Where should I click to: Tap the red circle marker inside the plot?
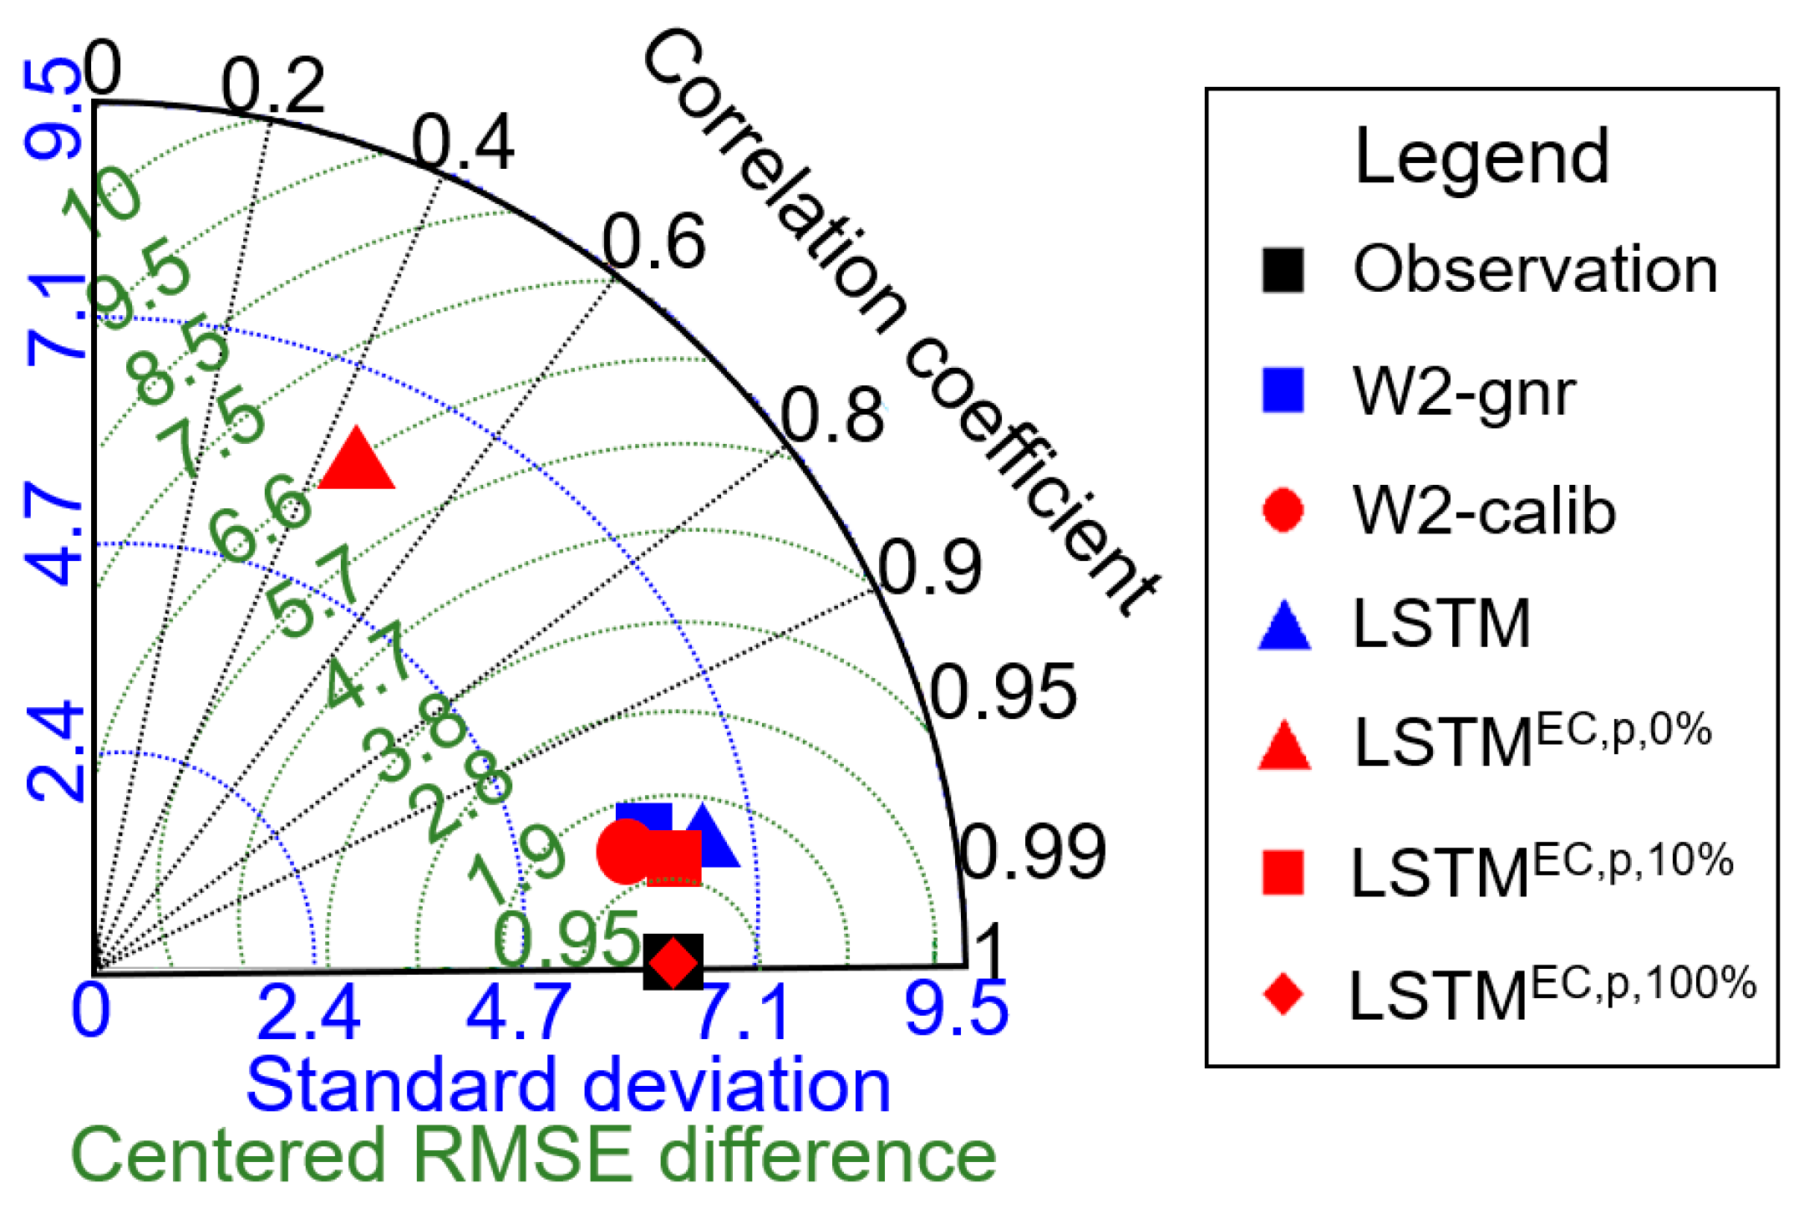[x=625, y=851]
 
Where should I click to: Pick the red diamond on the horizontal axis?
[x=673, y=962]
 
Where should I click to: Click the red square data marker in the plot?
[x=675, y=858]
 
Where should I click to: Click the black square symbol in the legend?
[x=1283, y=270]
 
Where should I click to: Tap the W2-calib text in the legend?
[x=1484, y=511]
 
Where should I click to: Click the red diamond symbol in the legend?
[x=1283, y=994]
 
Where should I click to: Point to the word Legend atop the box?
[x=1481, y=156]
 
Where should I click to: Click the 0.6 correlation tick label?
[x=654, y=242]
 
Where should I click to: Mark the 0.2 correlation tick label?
[x=273, y=86]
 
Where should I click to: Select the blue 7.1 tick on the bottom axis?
[x=743, y=1012]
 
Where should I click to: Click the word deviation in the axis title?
[x=736, y=1085]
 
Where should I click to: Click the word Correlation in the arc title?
[x=774, y=181]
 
